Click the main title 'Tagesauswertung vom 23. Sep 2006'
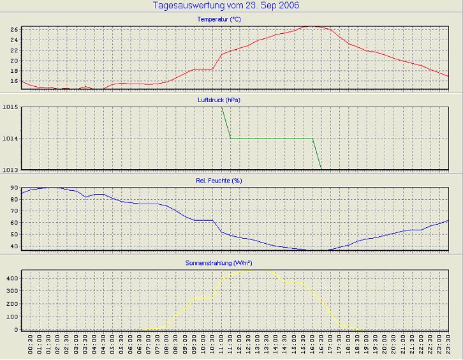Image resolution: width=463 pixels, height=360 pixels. click(x=226, y=6)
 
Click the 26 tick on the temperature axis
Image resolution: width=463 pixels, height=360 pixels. click(x=13, y=29)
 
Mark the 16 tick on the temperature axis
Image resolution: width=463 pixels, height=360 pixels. click(x=13, y=82)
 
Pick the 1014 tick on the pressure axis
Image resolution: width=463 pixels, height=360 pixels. click(x=10, y=138)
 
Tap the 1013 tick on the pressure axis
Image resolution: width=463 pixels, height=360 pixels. click(x=10, y=169)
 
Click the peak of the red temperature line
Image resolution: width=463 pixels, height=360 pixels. click(x=309, y=26)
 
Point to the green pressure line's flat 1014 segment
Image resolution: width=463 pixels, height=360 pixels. click(x=271, y=138)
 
